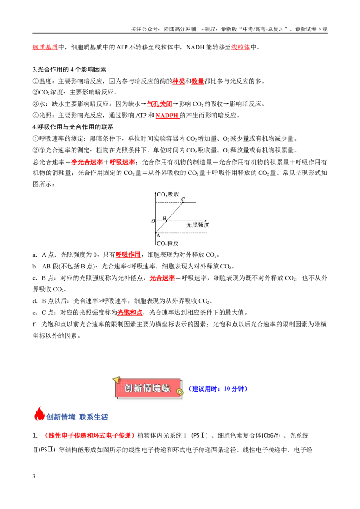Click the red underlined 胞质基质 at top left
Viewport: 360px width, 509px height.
click(45, 47)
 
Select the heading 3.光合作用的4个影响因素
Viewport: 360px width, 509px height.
click(69, 69)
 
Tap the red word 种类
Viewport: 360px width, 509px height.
click(178, 81)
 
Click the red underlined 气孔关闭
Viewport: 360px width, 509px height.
click(160, 104)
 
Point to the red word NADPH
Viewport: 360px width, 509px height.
click(167, 116)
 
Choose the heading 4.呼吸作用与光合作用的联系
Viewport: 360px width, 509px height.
click(73, 127)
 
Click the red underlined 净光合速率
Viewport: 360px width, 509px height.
click(87, 162)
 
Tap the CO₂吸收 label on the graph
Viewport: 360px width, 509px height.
click(168, 194)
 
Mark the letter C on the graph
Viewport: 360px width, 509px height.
click(183, 199)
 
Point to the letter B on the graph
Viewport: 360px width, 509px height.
click(164, 218)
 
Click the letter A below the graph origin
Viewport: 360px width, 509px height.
click(158, 236)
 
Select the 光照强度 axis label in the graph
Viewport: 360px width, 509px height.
click(198, 225)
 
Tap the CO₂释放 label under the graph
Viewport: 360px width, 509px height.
click(167, 243)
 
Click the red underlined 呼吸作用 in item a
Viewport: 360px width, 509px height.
click(128, 255)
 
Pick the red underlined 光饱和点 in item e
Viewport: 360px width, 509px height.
click(130, 313)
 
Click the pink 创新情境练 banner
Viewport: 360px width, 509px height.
click(148, 388)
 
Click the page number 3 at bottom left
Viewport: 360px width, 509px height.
click(34, 476)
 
